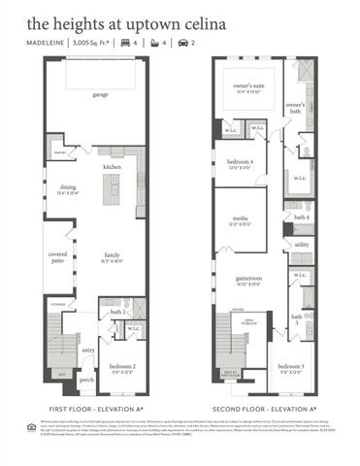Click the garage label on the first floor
click(x=101, y=95)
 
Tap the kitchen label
click(x=112, y=167)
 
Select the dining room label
click(x=67, y=187)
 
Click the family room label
click(x=113, y=255)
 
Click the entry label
click(x=88, y=350)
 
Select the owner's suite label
click(x=247, y=85)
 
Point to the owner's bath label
click(x=296, y=106)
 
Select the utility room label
click(x=302, y=245)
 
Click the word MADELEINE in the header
click(x=47, y=44)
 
